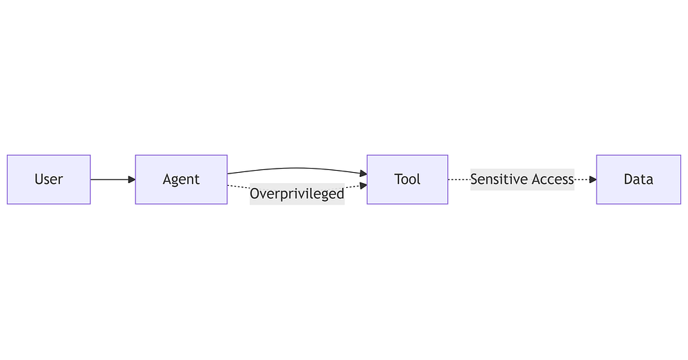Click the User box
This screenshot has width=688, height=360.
[49, 179]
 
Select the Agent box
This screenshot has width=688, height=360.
[181, 179]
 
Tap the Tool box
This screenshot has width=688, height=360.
[407, 179]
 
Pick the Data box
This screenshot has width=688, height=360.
[638, 179]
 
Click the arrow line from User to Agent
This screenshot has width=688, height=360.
[113, 179]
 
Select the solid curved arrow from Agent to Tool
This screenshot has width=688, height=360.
[297, 168]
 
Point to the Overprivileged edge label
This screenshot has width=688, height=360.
[297, 193]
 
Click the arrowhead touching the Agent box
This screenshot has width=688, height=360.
[131, 179]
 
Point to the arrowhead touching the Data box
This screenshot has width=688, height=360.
[593, 179]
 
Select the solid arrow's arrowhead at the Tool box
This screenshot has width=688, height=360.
[363, 174]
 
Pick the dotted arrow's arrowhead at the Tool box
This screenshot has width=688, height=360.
[363, 186]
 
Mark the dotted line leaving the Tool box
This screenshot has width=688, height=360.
[459, 179]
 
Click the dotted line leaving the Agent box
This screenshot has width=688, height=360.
[239, 187]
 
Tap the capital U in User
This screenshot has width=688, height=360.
[38, 179]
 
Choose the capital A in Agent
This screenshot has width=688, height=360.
[167, 179]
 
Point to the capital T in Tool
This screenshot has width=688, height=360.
[398, 179]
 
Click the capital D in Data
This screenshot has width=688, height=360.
[628, 179]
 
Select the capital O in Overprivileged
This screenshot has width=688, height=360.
[255, 193]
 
